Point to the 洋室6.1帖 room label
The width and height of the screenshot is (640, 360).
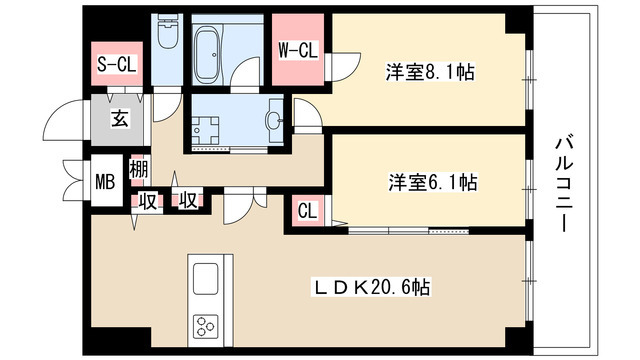pos(432,182)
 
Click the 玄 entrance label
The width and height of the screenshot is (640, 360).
pos(119,120)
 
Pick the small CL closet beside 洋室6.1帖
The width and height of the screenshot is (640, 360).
pos(307,212)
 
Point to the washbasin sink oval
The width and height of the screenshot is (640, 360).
pos(273,122)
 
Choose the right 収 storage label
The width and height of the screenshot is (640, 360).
pos(186,200)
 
